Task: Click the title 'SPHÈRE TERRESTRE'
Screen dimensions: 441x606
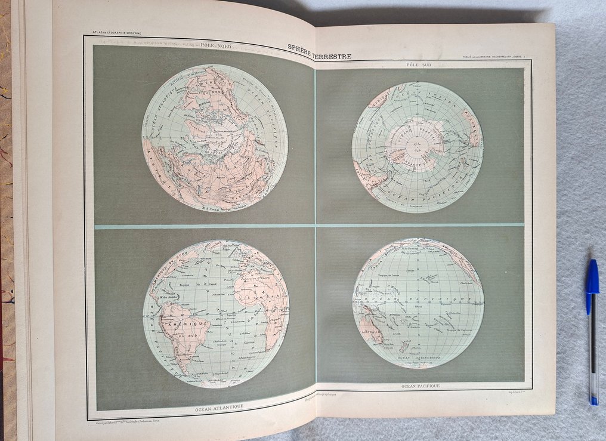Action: click(319, 51)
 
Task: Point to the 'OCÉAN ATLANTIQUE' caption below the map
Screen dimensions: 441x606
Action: click(219, 408)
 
